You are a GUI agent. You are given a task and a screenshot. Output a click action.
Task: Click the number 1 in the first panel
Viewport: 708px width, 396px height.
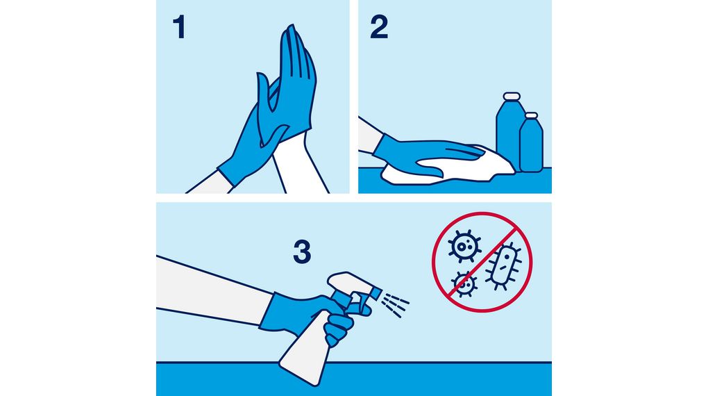pos(180,28)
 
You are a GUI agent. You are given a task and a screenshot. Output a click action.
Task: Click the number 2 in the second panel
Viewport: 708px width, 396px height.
pos(379,28)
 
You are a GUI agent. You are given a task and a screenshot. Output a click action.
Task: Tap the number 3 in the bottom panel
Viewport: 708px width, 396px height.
pos(302,252)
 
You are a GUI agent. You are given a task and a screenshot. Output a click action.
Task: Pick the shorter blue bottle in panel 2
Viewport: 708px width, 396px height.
pos(532,144)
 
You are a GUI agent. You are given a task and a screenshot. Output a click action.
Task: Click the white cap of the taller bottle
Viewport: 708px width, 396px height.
pos(512,97)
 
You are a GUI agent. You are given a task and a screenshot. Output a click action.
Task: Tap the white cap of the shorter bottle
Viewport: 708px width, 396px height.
pos(532,115)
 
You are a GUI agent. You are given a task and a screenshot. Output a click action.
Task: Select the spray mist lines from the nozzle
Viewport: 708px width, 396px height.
pos(395,304)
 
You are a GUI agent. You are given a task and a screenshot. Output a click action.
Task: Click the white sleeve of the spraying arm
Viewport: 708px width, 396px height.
pos(212,289)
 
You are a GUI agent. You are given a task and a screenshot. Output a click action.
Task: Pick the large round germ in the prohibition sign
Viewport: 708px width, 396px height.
pos(464,246)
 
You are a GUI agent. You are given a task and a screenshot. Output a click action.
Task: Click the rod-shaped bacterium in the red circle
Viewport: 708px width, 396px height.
pos(503,266)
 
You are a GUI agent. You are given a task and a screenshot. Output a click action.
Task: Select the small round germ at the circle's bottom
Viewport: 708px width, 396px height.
pos(464,284)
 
